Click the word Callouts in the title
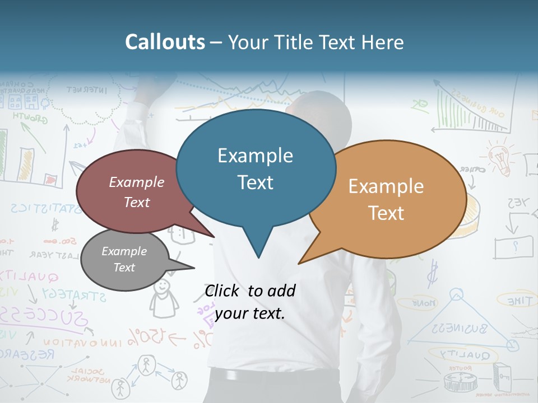coord(165,43)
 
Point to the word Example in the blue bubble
coord(255,156)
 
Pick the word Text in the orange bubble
coord(386,213)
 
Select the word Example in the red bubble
coord(137,182)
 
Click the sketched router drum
coord(460,382)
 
